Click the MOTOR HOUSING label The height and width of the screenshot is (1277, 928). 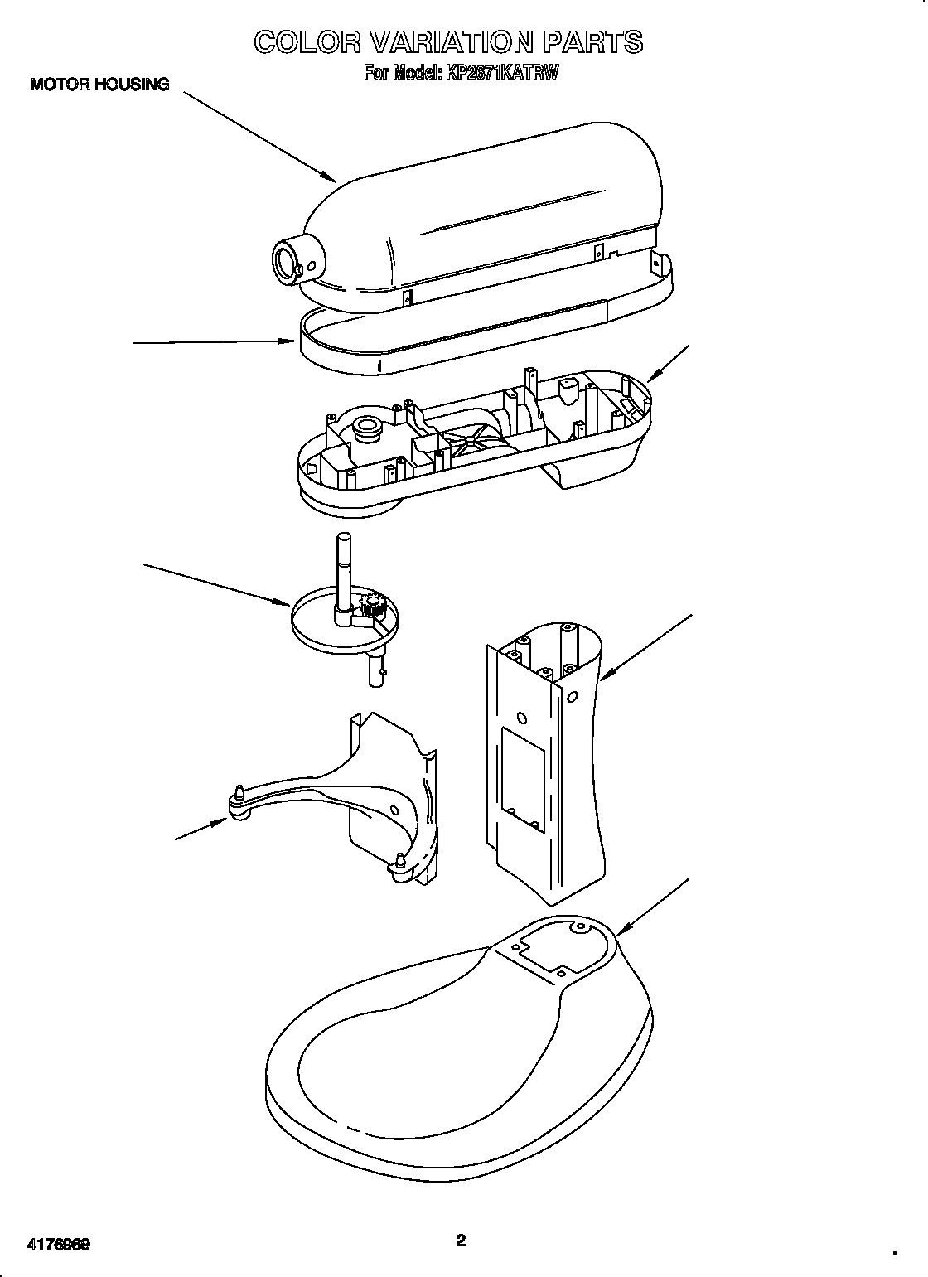pyautogui.click(x=99, y=84)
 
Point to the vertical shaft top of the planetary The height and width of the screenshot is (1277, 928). pyautogui.click(x=341, y=543)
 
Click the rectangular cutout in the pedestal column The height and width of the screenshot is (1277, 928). pyautogui.click(x=522, y=780)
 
